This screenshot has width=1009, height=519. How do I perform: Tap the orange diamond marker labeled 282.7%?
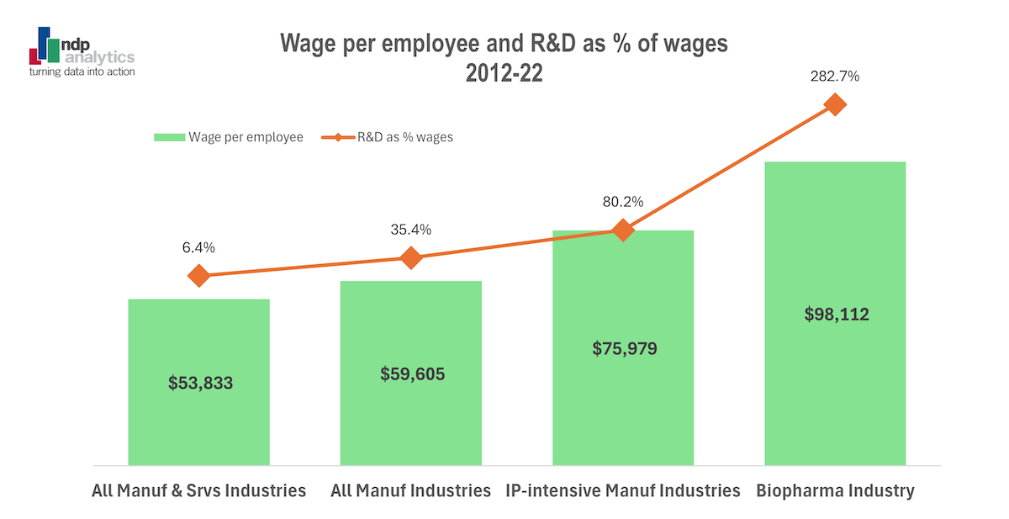[x=835, y=104]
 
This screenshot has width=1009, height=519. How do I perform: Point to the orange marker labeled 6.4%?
[x=198, y=276]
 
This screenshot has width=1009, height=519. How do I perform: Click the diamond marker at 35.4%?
[x=410, y=257]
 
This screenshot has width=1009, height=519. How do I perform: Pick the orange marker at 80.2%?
[x=622, y=230]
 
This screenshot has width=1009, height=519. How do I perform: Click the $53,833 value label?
[x=198, y=383]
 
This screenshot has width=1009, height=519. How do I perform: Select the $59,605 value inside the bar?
[x=410, y=373]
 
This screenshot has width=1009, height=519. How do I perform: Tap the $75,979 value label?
[x=622, y=348]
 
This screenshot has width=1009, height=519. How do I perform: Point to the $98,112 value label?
[x=835, y=315]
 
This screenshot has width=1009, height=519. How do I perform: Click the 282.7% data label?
[x=835, y=76]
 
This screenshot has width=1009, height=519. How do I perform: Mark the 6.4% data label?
[x=198, y=247]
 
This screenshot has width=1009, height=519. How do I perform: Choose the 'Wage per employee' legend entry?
[x=228, y=137]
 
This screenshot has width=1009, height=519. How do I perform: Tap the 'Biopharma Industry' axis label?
[x=835, y=490]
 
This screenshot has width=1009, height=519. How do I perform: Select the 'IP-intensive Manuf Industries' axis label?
[x=622, y=490]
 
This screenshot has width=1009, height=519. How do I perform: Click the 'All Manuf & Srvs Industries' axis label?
[x=198, y=490]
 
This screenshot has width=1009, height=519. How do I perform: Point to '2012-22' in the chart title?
[x=504, y=72]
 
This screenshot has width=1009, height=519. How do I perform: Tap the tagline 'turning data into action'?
[x=82, y=72]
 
